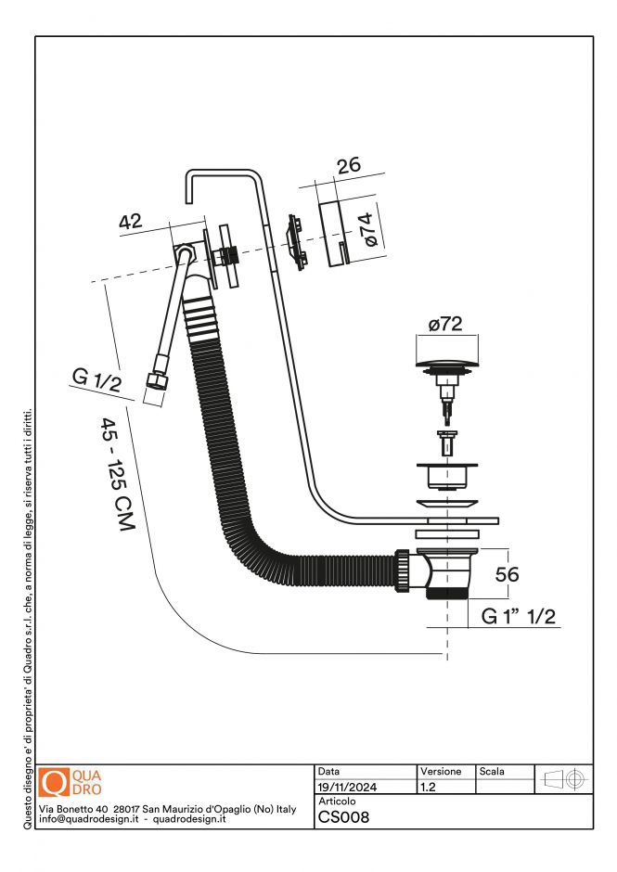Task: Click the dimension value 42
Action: (x=130, y=222)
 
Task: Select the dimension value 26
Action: (x=348, y=166)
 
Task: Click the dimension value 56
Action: (x=507, y=574)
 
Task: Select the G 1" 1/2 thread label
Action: (x=518, y=617)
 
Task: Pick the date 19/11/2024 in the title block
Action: (x=347, y=788)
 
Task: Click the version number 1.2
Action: (x=429, y=788)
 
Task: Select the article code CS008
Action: (x=344, y=817)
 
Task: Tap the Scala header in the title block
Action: (x=492, y=772)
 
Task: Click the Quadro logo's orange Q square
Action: (x=56, y=783)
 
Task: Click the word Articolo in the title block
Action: (x=337, y=801)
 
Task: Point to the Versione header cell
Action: (x=441, y=772)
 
